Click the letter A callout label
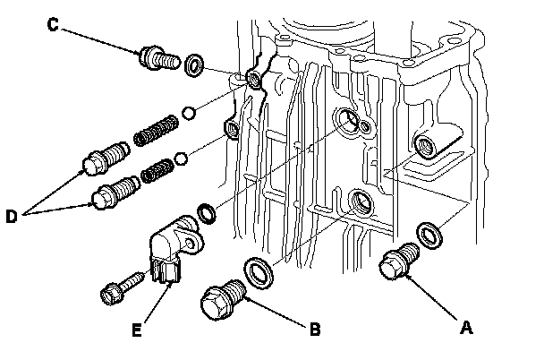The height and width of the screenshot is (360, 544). (466, 328)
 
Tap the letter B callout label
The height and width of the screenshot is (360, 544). (315, 329)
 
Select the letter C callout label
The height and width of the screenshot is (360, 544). (53, 25)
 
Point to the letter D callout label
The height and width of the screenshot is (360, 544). (12, 216)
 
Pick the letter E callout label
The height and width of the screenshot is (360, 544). (137, 330)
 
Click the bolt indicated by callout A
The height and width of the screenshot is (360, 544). (399, 261)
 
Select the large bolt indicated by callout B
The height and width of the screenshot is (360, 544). (223, 300)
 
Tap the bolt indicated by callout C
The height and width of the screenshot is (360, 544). (159, 58)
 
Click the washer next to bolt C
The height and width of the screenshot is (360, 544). (194, 65)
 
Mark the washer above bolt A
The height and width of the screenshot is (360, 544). (429, 236)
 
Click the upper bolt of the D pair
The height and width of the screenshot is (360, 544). (106, 159)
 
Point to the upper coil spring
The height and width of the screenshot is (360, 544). (157, 130)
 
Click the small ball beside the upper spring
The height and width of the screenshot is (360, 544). (189, 113)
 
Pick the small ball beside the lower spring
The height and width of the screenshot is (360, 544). (181, 159)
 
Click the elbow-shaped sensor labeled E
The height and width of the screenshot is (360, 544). (175, 248)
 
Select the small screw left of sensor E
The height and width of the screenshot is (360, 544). (122, 289)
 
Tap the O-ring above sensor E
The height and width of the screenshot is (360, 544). (207, 213)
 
